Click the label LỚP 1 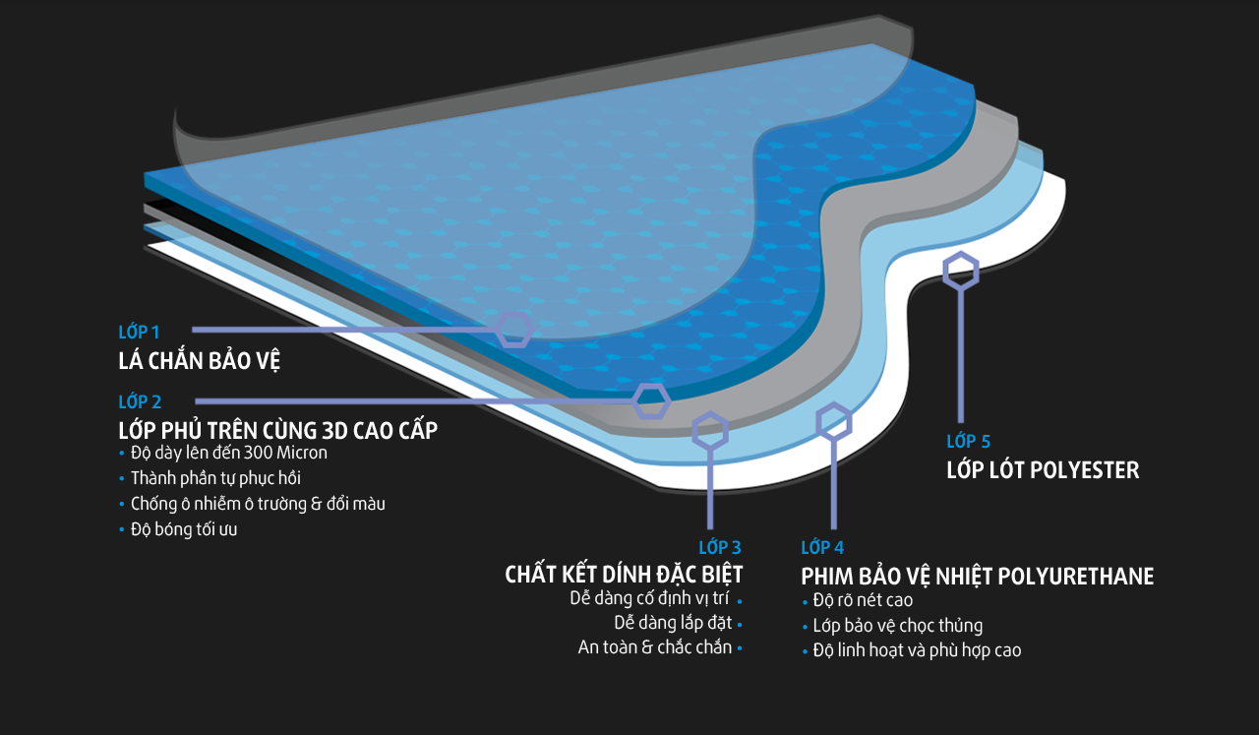[x=139, y=333]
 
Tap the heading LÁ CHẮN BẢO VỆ [x=200, y=361]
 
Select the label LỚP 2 [x=140, y=401]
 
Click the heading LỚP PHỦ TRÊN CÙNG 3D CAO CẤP [x=277, y=431]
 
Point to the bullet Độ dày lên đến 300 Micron [x=228, y=453]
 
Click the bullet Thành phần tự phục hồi [x=215, y=478]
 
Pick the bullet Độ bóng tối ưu [x=184, y=529]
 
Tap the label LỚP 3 [x=720, y=547]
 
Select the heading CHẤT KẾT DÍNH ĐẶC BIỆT [x=624, y=575]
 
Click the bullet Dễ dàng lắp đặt [x=673, y=623]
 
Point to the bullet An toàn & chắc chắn [x=655, y=647]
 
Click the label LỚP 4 [x=822, y=547]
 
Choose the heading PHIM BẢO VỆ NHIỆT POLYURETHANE [x=977, y=577]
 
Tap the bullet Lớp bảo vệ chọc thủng [x=897, y=626]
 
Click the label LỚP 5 [x=968, y=442]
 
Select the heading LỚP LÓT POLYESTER [x=1043, y=470]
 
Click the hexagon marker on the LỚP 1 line [x=513, y=330]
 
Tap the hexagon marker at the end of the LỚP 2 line [x=650, y=401]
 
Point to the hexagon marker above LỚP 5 [x=961, y=271]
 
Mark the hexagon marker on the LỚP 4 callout [x=834, y=421]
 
